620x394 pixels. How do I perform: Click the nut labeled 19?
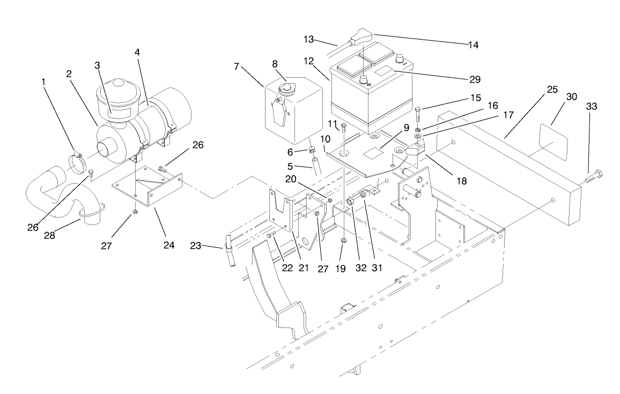coord(343,240)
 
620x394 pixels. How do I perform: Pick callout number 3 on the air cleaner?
coord(98,65)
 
